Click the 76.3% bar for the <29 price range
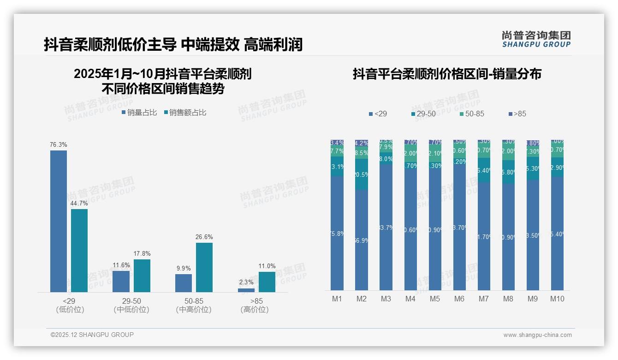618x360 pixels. click(59, 221)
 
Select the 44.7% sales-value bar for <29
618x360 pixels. click(79, 250)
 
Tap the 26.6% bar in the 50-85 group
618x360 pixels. click(204, 267)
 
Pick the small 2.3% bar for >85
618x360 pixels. click(246, 290)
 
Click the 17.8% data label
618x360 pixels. click(142, 254)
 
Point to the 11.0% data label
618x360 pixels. click(267, 266)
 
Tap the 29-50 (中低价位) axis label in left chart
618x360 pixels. click(131, 305)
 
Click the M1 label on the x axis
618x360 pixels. click(337, 299)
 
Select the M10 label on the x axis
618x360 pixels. click(557, 299)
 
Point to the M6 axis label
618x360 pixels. click(459, 299)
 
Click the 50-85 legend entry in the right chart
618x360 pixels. click(471, 114)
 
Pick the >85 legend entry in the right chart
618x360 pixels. click(517, 114)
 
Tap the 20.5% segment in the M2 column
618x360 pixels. click(362, 174)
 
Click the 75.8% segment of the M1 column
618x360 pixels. click(337, 233)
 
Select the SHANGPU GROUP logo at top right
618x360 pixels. click(536, 39)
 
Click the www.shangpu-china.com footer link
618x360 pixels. click(537, 335)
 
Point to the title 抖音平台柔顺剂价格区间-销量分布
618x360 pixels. click(447, 74)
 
